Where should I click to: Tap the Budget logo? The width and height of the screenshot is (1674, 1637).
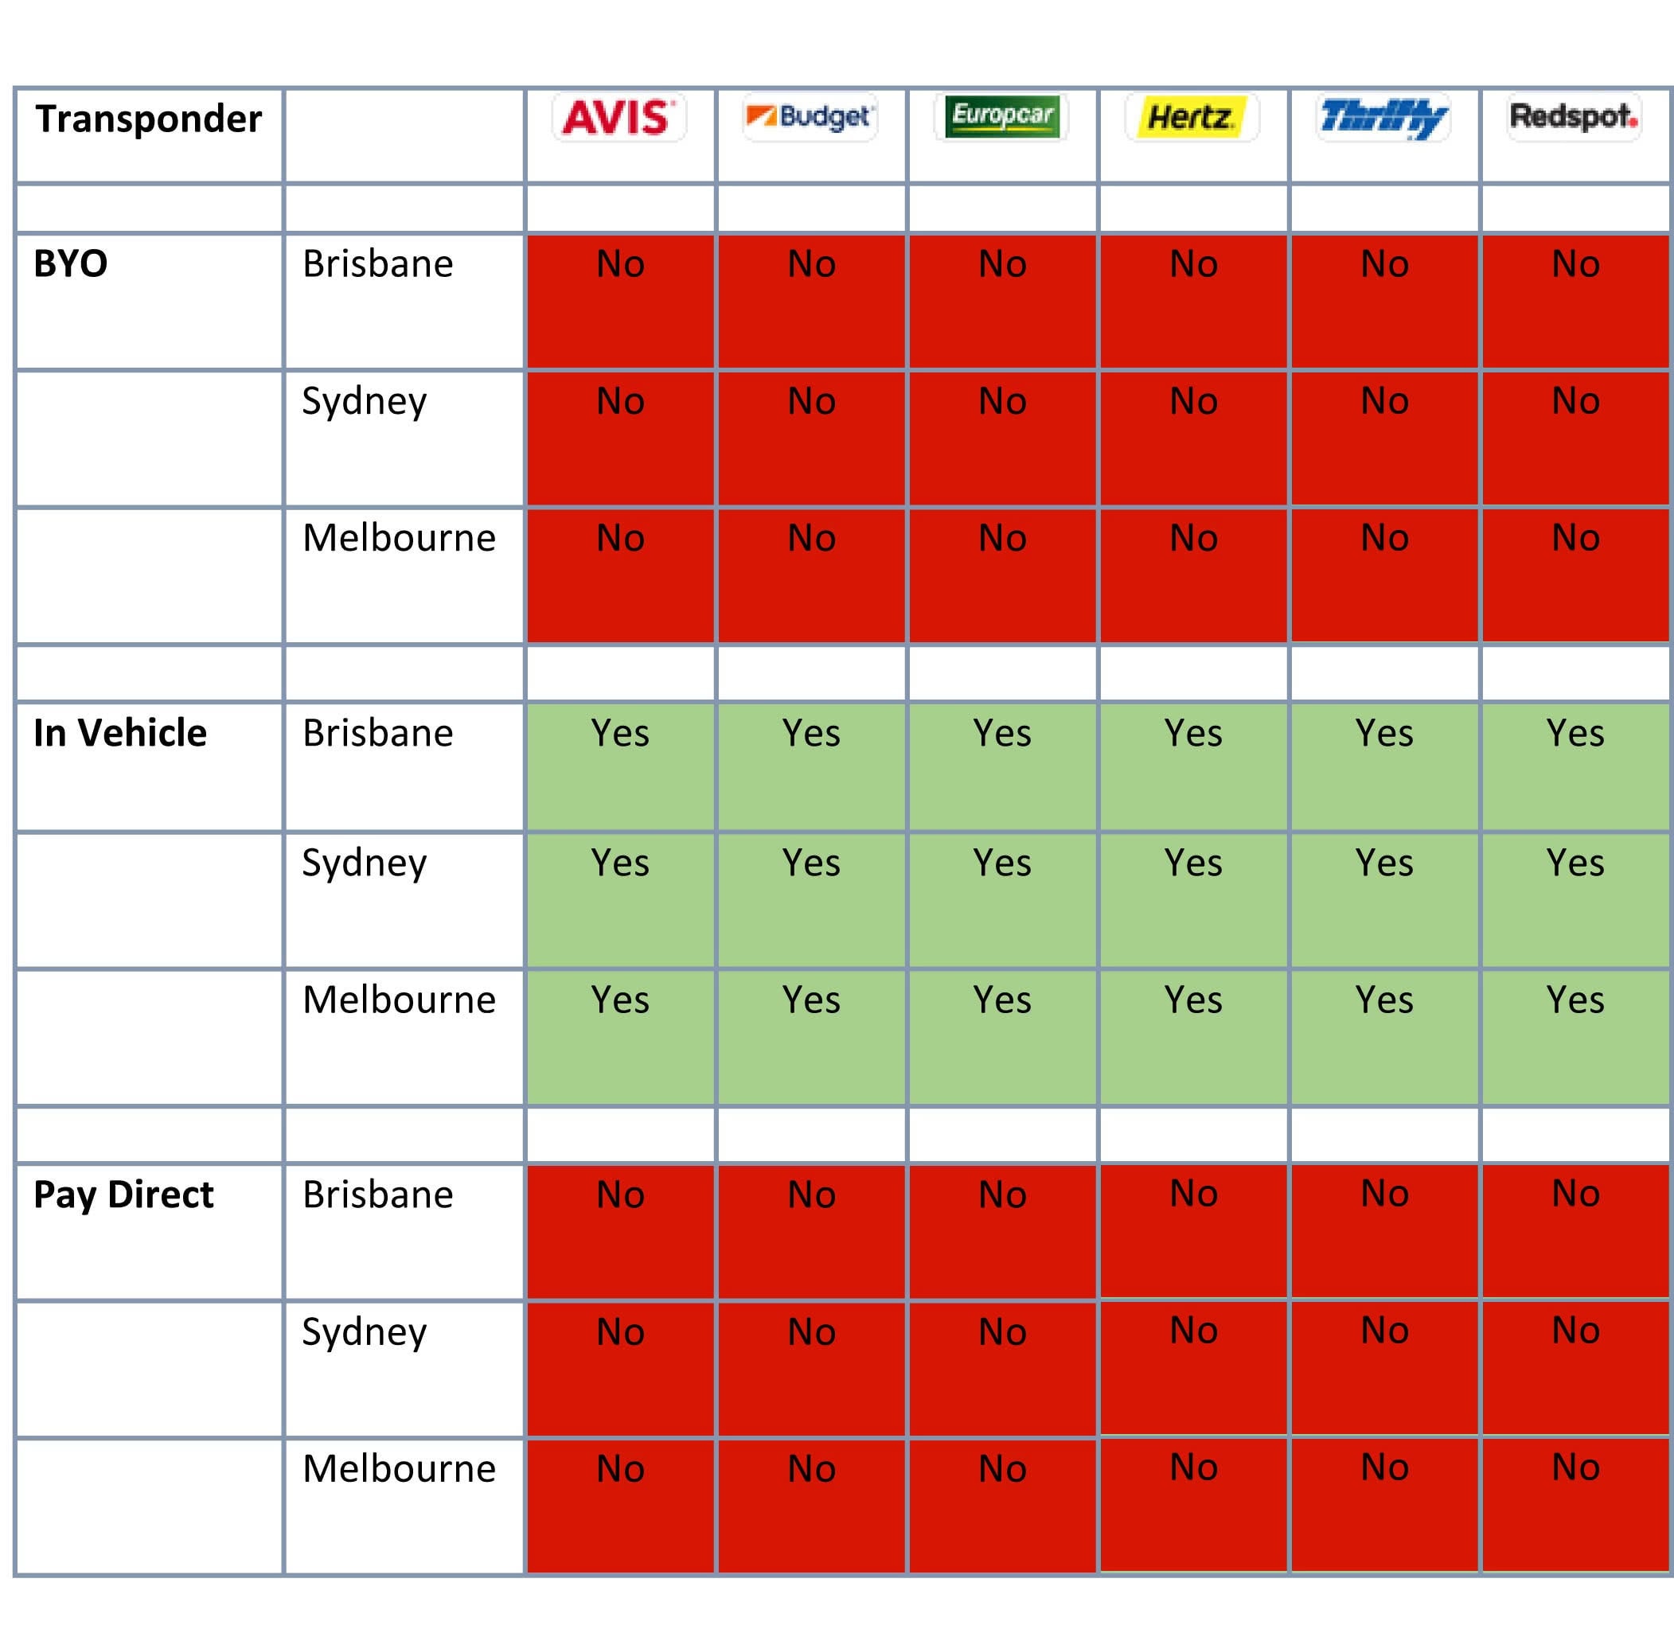tap(809, 116)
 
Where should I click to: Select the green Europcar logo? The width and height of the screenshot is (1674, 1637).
tap(1001, 116)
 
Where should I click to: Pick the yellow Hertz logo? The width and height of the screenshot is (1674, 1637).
tap(1192, 117)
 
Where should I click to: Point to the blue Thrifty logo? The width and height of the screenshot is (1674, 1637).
tap(1383, 118)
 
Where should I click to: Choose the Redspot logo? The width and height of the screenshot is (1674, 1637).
tap(1574, 116)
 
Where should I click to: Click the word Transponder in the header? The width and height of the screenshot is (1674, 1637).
tap(148, 119)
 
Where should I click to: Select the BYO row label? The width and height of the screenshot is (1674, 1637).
tap(71, 263)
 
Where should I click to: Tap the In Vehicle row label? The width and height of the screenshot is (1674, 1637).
tap(119, 732)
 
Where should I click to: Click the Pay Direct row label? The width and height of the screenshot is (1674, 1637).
tap(123, 1195)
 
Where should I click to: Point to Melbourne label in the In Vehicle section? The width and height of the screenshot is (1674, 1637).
tap(399, 999)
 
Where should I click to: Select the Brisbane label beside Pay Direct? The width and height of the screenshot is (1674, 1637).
tap(377, 1195)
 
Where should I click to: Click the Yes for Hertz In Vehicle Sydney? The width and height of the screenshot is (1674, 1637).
tap(1192, 863)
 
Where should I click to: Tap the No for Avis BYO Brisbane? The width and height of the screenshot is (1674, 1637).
tap(620, 264)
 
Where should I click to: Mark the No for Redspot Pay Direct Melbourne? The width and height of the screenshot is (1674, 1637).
tap(1575, 1467)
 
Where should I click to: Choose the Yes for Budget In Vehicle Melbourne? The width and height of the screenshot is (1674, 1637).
tap(811, 1000)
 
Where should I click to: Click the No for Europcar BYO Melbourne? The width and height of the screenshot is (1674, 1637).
tap(1001, 538)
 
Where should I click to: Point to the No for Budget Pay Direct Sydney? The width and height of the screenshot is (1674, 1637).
tap(811, 1331)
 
